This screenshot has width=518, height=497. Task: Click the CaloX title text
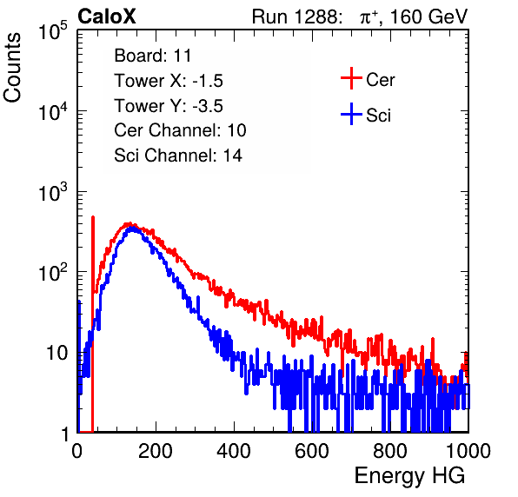(107, 17)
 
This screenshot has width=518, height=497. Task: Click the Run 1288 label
(295, 17)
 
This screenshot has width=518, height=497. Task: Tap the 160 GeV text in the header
(428, 17)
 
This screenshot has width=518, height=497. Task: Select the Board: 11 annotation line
(153, 56)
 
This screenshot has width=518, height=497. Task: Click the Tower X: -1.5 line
(169, 81)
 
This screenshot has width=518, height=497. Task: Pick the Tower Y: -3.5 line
(169, 106)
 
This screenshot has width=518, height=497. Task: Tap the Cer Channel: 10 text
(180, 130)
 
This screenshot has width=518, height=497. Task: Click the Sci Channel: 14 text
(178, 156)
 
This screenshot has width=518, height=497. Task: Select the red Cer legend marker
(351, 78)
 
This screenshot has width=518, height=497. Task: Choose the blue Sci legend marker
(351, 115)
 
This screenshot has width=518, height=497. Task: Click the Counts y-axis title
(12, 68)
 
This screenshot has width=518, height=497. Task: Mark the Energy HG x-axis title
(409, 476)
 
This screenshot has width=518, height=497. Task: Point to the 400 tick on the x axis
(234, 451)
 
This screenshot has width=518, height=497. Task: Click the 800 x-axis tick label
(390, 451)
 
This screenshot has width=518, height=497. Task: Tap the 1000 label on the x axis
(468, 451)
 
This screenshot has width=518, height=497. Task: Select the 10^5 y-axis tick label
(53, 31)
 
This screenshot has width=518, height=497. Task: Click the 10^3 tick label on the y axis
(53, 193)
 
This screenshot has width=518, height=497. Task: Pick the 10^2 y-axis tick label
(53, 273)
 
